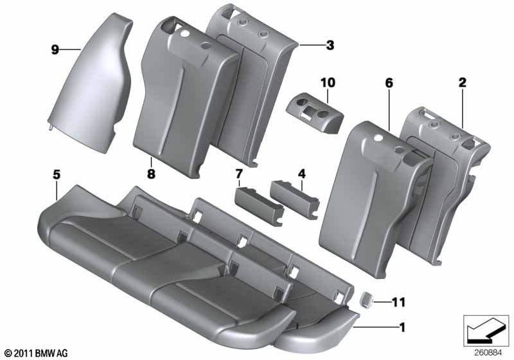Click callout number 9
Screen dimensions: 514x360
[55, 50]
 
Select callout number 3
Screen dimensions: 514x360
[330, 45]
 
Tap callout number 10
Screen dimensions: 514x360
[328, 83]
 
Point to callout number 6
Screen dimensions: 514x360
[389, 83]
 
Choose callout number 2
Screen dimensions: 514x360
[462, 83]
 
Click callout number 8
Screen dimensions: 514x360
[151, 174]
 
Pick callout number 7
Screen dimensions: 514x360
[238, 174]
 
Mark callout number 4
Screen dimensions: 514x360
[301, 174]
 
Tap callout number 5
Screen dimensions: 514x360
[57, 175]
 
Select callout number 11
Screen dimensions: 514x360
[398, 302]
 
